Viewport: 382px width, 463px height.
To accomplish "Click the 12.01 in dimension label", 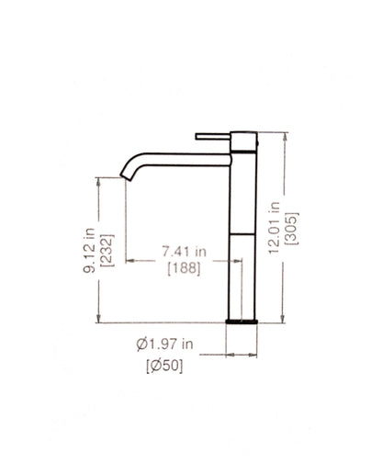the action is pos(274,228).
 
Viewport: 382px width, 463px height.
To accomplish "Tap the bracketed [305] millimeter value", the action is pos(292,228).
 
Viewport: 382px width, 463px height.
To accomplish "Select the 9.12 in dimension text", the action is pos(89,251).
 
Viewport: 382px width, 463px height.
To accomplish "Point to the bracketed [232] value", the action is pos(107,251).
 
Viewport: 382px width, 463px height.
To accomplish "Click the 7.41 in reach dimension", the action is pos(184,252).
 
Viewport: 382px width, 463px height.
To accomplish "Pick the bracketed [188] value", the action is pos(185,269).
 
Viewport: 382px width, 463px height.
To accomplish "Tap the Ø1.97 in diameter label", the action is pos(165,344).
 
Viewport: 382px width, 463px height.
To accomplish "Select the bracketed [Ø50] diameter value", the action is pos(164,366).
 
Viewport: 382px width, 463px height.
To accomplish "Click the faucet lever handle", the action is pos(213,136).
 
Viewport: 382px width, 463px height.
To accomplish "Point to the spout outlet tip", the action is pos(126,177).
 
